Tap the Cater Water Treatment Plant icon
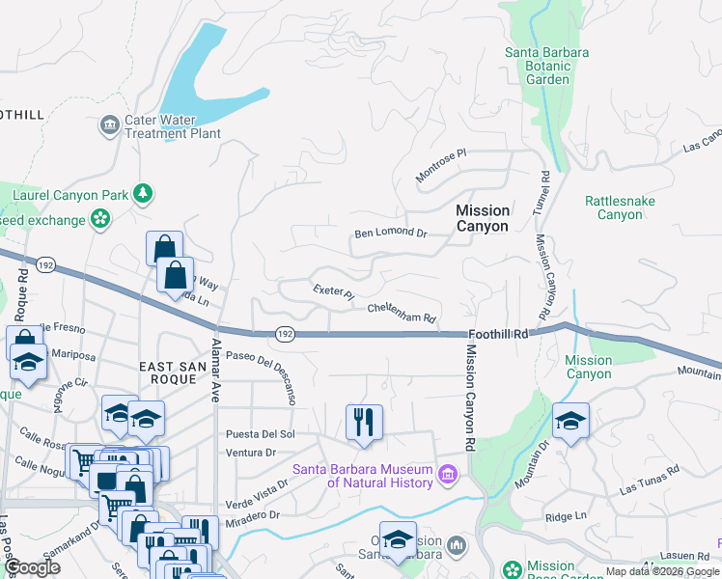(x=108, y=124)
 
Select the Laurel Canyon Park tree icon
(x=143, y=194)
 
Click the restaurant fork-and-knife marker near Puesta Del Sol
(x=364, y=422)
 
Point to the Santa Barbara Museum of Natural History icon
(x=447, y=473)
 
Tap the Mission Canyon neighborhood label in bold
(x=482, y=218)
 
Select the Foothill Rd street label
(x=508, y=334)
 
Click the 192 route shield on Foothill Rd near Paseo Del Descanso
(x=284, y=334)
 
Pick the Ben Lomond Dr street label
(x=390, y=233)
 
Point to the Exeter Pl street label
(x=333, y=291)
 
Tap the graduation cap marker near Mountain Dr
(x=570, y=421)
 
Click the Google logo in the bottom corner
(x=32, y=567)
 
